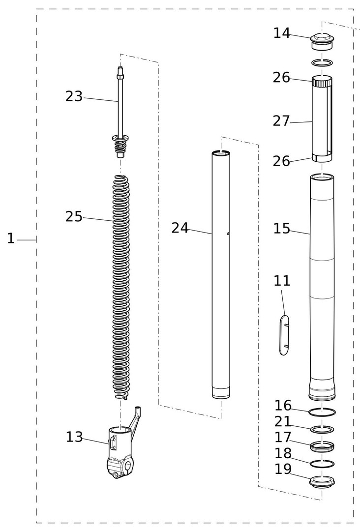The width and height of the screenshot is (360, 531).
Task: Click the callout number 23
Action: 74,96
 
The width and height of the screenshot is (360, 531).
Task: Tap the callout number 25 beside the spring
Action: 74,217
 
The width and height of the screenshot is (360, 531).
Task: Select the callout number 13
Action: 74,437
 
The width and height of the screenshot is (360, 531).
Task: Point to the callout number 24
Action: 180,228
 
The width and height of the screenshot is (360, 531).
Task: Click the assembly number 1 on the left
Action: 11,238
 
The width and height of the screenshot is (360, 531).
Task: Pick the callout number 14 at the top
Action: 282,33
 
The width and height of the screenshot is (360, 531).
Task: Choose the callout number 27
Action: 281,121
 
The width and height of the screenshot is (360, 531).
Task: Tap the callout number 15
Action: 282,229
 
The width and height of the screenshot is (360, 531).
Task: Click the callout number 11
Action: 282,281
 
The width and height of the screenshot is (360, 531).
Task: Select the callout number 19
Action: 283,469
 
